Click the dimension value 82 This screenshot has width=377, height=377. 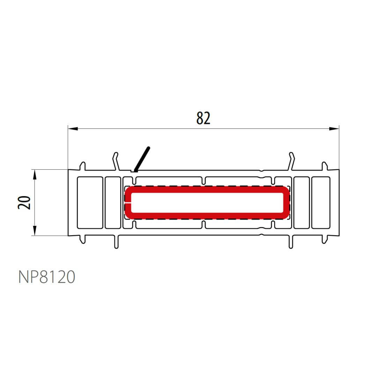[203, 118]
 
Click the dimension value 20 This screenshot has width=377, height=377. [24, 202]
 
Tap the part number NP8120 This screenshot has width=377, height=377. [47, 277]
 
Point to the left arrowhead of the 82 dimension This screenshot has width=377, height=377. [73, 128]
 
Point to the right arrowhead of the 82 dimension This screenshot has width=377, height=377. [334, 128]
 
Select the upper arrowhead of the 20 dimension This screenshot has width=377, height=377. [35, 175]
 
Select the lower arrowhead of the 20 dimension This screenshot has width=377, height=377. [35, 231]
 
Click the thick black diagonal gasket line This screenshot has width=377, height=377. [142, 159]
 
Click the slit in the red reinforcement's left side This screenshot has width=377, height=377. [128, 203]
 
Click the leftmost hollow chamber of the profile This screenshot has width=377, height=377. [90, 203]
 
